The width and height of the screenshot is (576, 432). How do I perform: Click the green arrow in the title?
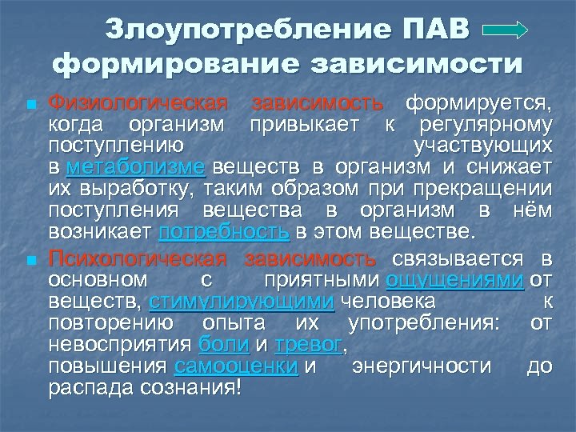coord(506,30)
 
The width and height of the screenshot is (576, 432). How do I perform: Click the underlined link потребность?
coord(225,233)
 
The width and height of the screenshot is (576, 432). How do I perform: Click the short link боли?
coord(217,345)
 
